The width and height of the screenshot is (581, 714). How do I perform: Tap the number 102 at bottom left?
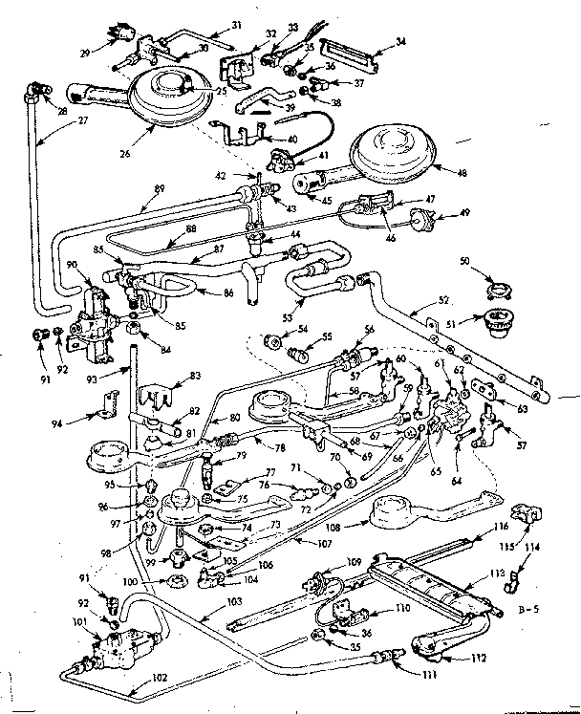tap(159, 678)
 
